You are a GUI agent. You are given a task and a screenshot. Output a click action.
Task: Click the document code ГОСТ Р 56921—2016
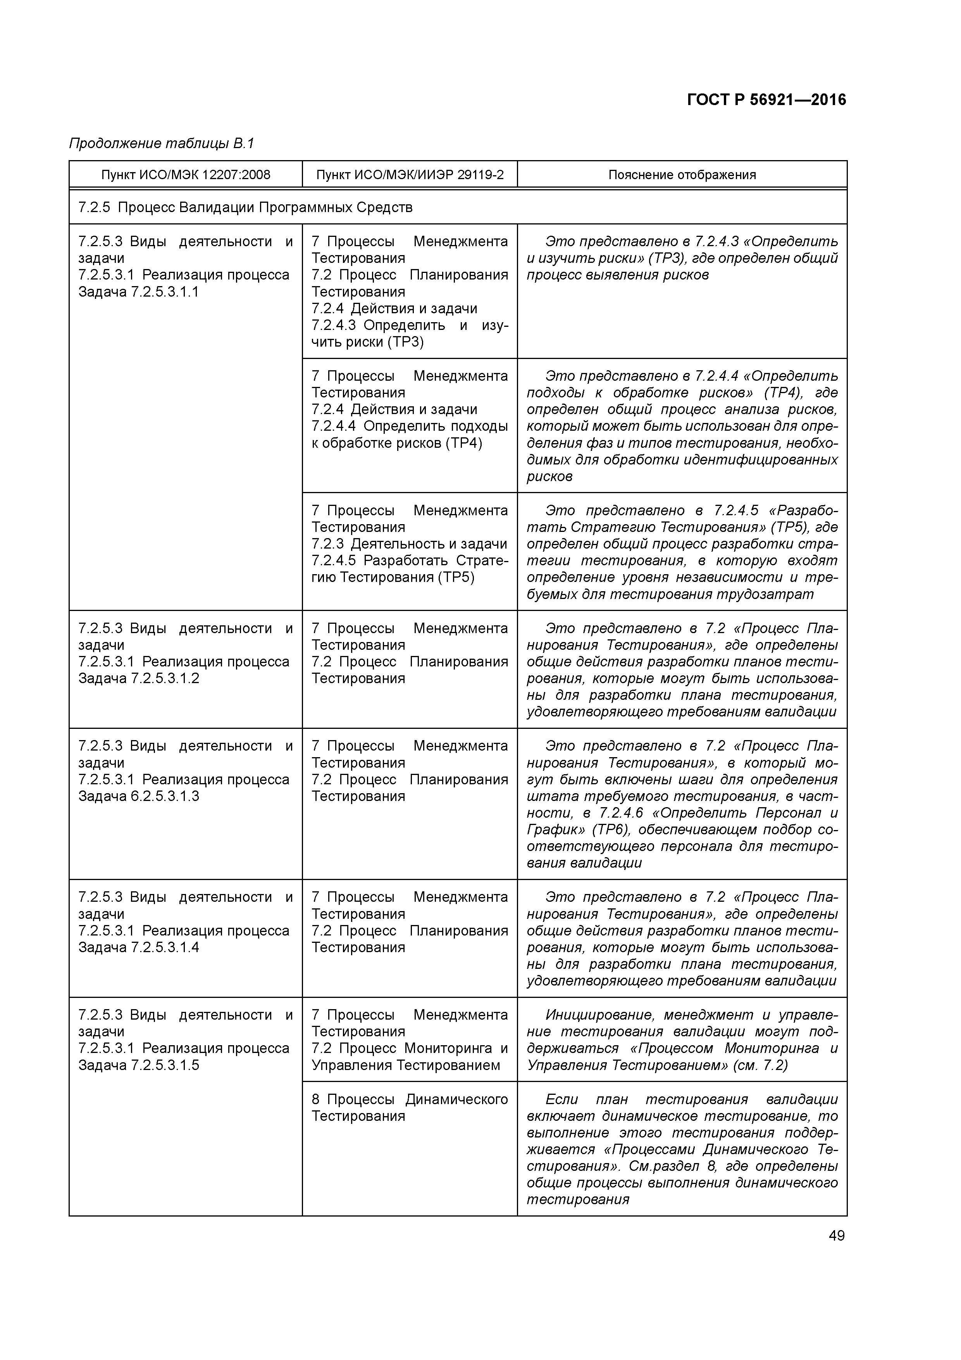766,100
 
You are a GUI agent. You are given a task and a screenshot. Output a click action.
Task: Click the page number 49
837,1236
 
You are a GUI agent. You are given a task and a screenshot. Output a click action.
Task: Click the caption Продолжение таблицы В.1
161,143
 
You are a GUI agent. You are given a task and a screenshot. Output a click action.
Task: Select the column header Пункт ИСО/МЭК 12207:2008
185,175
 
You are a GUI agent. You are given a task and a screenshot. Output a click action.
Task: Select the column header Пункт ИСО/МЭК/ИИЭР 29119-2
410,175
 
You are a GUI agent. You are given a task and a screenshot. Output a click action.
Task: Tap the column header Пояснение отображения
682,175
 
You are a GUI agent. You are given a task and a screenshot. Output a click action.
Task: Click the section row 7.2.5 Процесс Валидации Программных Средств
245,207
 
